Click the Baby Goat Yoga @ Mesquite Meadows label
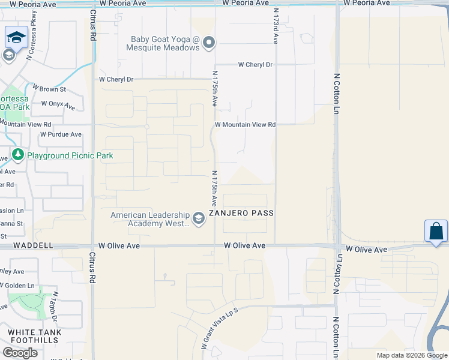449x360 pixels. (x=165, y=43)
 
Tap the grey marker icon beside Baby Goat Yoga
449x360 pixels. (x=209, y=42)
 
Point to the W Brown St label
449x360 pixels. (x=49, y=89)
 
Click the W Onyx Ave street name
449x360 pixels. (x=58, y=105)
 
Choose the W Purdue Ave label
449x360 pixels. (x=61, y=134)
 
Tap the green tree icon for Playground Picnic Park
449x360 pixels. (x=18, y=155)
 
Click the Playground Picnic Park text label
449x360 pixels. (x=70, y=155)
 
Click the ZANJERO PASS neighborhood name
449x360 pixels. (x=241, y=214)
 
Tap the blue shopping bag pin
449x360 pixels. (x=436, y=232)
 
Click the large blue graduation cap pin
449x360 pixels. (x=16, y=38)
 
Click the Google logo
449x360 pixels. (x=20, y=352)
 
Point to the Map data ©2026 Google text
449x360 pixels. (x=411, y=355)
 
